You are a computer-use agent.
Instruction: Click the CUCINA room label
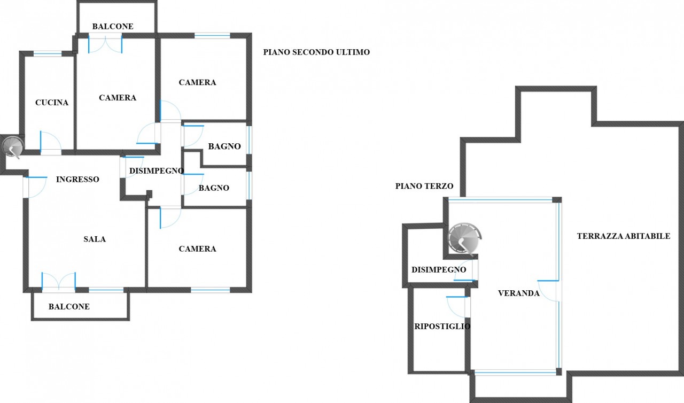[x=52, y=103]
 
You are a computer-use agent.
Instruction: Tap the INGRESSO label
[x=77, y=180]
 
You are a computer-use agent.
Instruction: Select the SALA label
[x=95, y=239]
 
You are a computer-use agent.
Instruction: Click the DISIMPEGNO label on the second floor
[x=157, y=171]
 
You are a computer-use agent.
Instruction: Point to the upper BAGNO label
[x=224, y=146]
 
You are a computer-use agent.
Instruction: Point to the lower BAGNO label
[x=214, y=188]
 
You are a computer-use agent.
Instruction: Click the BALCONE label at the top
[x=113, y=26]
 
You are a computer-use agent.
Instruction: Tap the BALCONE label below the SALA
[x=69, y=307]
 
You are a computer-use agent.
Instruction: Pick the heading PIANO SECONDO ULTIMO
[x=316, y=52]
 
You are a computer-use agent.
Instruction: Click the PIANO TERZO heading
[x=424, y=186]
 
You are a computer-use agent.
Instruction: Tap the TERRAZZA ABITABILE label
[x=623, y=236]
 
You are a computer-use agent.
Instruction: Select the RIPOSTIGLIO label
[x=442, y=326]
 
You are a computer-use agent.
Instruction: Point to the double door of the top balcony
[x=105, y=43]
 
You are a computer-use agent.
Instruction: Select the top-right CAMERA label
[x=197, y=82]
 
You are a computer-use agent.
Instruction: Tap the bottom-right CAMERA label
[x=197, y=249]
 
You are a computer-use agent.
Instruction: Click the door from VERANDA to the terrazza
[x=549, y=290]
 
